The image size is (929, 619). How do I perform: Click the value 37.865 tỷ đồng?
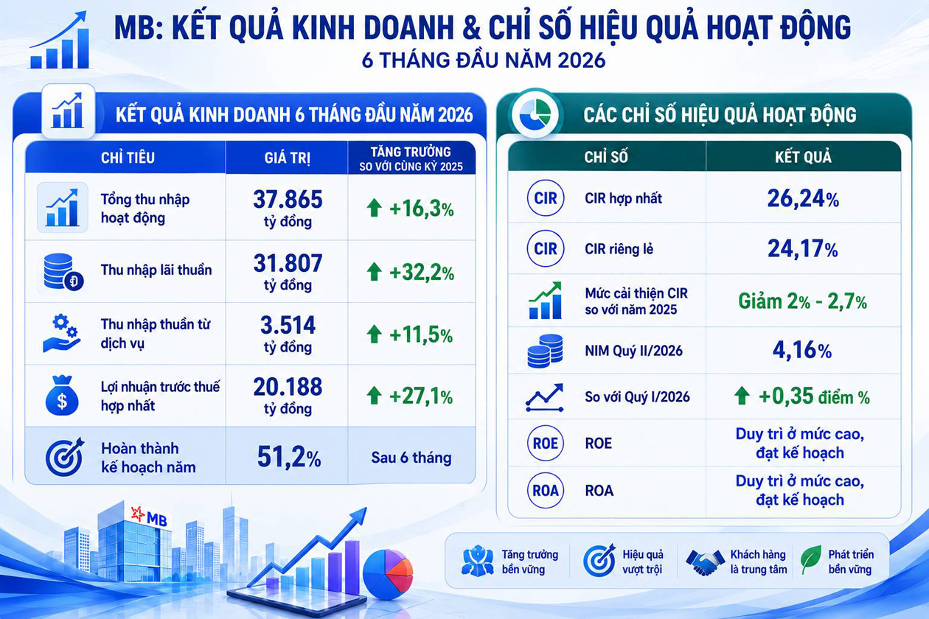288,208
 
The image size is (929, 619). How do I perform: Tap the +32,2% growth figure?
422,273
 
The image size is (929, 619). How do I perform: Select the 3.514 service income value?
288,335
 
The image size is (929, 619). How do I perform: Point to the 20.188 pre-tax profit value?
288,396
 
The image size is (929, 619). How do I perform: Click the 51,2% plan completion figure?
289,457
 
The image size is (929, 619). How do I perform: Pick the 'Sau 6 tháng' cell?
411,458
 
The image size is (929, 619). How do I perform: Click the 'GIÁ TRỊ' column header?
288,158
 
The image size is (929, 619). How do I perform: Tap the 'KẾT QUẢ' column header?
804,157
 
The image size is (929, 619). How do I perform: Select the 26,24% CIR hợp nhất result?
803,198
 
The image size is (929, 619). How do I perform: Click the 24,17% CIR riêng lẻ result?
803,249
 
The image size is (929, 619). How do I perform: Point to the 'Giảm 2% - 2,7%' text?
802,301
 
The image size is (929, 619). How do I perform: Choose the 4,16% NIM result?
802,351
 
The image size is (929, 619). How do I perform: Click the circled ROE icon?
546,443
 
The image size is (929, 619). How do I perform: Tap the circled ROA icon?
546,491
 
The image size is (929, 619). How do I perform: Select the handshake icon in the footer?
704,562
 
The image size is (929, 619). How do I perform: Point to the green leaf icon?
811,560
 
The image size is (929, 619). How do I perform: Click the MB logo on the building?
149,516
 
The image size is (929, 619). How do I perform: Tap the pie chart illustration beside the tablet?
388,574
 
